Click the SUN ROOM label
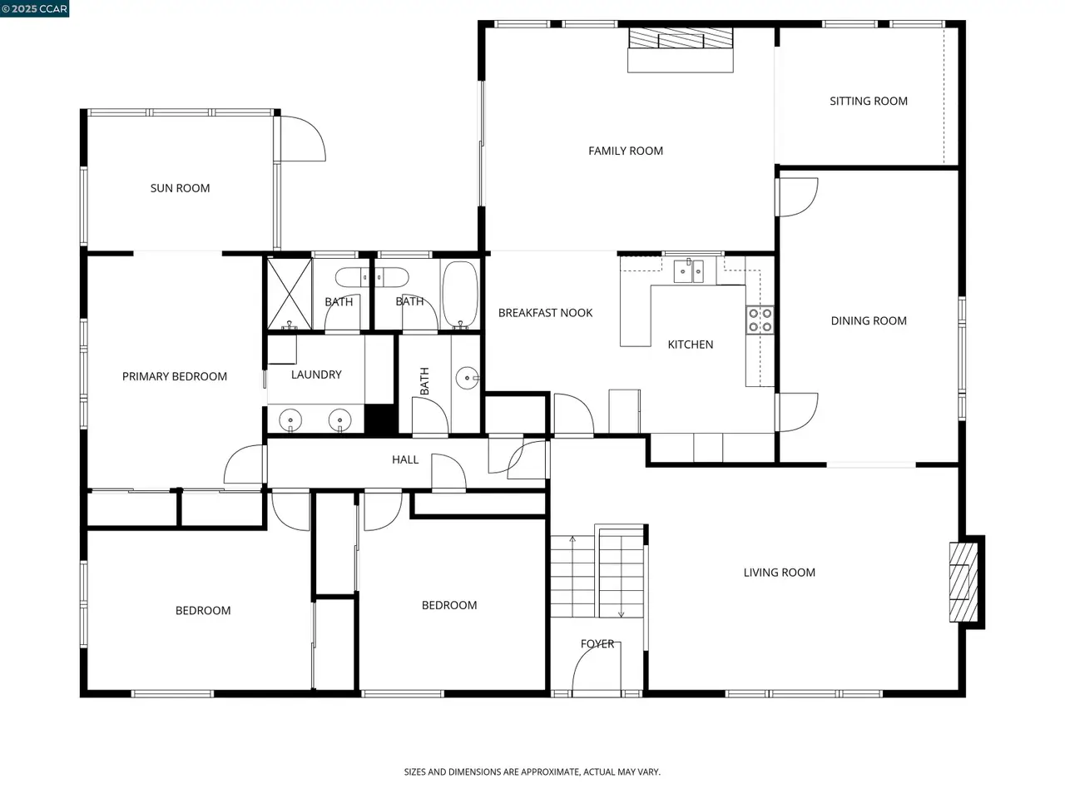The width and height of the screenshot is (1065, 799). tap(180, 188)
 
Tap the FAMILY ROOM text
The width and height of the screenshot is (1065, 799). tap(626, 151)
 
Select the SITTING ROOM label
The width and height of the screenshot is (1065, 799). tap(868, 101)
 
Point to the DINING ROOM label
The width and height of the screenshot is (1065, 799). tap(869, 320)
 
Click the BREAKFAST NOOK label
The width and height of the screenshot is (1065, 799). tap(545, 313)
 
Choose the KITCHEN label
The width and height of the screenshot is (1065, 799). tap(690, 345)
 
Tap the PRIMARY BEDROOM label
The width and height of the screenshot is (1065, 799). tap(174, 376)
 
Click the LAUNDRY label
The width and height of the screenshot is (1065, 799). tap(316, 375)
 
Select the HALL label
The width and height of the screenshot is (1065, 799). tap(405, 459)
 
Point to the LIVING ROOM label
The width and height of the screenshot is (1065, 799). tap(780, 573)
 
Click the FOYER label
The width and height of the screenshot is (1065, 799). tap(597, 643)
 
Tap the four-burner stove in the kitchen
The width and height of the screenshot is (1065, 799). tap(760, 320)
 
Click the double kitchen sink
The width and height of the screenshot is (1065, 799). tap(688, 271)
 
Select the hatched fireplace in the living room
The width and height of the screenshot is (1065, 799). tap(963, 582)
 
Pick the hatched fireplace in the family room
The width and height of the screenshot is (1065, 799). tap(681, 37)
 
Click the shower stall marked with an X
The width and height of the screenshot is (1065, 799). tap(290, 294)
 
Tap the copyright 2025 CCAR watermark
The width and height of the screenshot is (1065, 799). tap(34, 8)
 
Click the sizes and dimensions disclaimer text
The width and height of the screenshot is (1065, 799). tap(532, 772)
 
